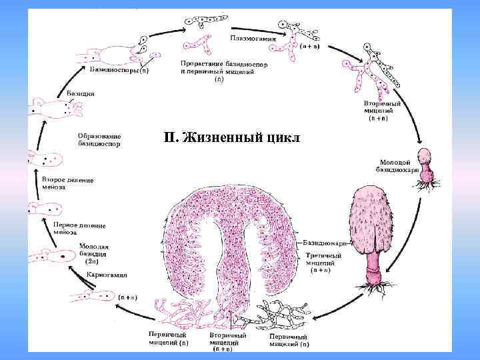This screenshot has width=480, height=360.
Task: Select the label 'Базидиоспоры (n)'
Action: point(119,69)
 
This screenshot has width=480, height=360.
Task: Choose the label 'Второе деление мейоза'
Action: point(67,183)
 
